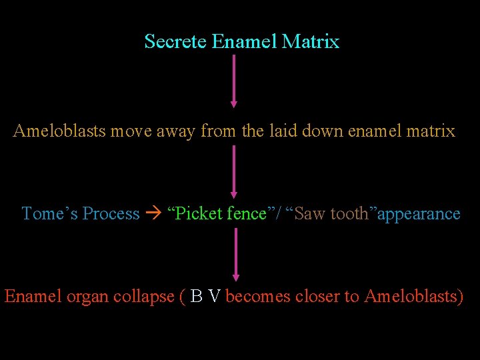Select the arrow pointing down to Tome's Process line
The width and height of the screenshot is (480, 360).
point(233,171)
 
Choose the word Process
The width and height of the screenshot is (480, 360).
point(111,213)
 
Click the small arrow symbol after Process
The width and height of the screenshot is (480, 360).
point(153,214)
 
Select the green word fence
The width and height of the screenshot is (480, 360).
point(247,213)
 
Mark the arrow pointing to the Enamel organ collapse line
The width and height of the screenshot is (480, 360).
point(235,254)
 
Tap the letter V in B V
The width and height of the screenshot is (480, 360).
point(213,296)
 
